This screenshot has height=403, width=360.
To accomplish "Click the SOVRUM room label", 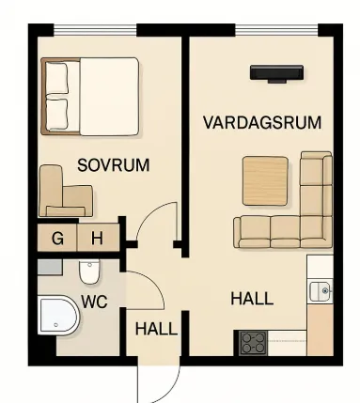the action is pos(113,165).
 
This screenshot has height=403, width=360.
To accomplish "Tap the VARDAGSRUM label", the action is pos(262,122).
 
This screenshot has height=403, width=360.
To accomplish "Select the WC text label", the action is pos(94,302).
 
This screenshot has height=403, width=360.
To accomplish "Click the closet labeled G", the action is pos(57,238).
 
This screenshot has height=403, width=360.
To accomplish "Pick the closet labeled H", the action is pos(98,238).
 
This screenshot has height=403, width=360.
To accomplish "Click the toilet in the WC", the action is pos(89,271).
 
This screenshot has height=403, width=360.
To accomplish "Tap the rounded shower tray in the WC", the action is pos(58,316).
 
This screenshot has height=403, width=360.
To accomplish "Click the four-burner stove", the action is pos(254,343).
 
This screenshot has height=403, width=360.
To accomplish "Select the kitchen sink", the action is pos(321,291).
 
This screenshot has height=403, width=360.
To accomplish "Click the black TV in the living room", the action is pos(276,74).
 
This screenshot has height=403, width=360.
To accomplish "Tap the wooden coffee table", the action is pos(265,181).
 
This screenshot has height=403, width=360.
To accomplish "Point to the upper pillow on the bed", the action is pos(56,78).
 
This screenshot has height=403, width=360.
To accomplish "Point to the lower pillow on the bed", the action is pos(57,115).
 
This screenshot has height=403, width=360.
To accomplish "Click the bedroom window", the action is pos(95,30).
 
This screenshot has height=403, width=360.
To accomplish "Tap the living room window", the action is pos(276,30).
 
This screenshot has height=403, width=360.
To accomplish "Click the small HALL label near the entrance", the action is pos(156,329).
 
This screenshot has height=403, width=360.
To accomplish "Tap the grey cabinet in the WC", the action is pos(50,267).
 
